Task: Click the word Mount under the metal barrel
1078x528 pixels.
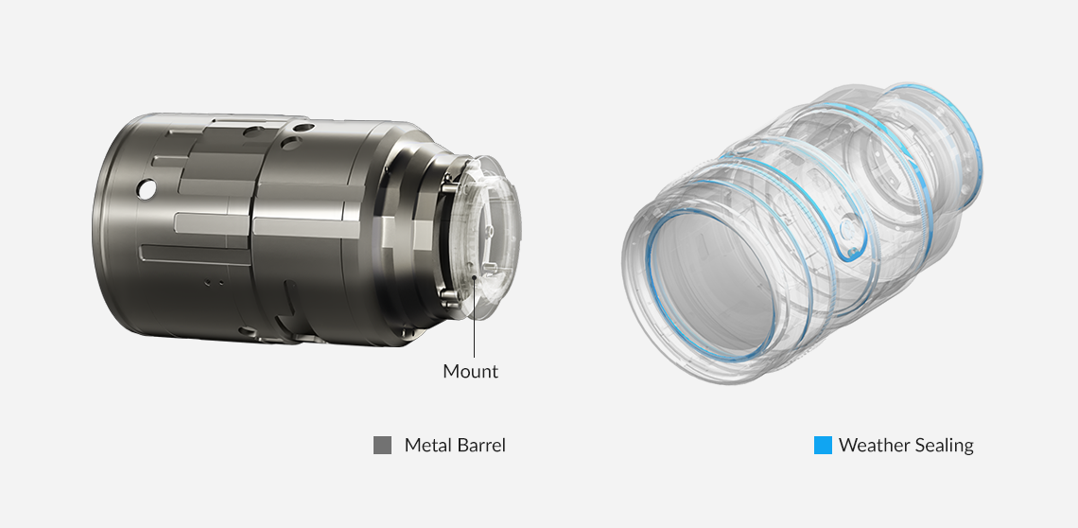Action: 470,372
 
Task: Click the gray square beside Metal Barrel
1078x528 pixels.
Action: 382,446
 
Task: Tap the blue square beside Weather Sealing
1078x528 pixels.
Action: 823,446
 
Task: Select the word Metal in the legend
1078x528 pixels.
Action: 426,446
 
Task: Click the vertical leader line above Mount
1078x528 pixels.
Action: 474,318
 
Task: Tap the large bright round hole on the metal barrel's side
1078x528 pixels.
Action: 146,189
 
